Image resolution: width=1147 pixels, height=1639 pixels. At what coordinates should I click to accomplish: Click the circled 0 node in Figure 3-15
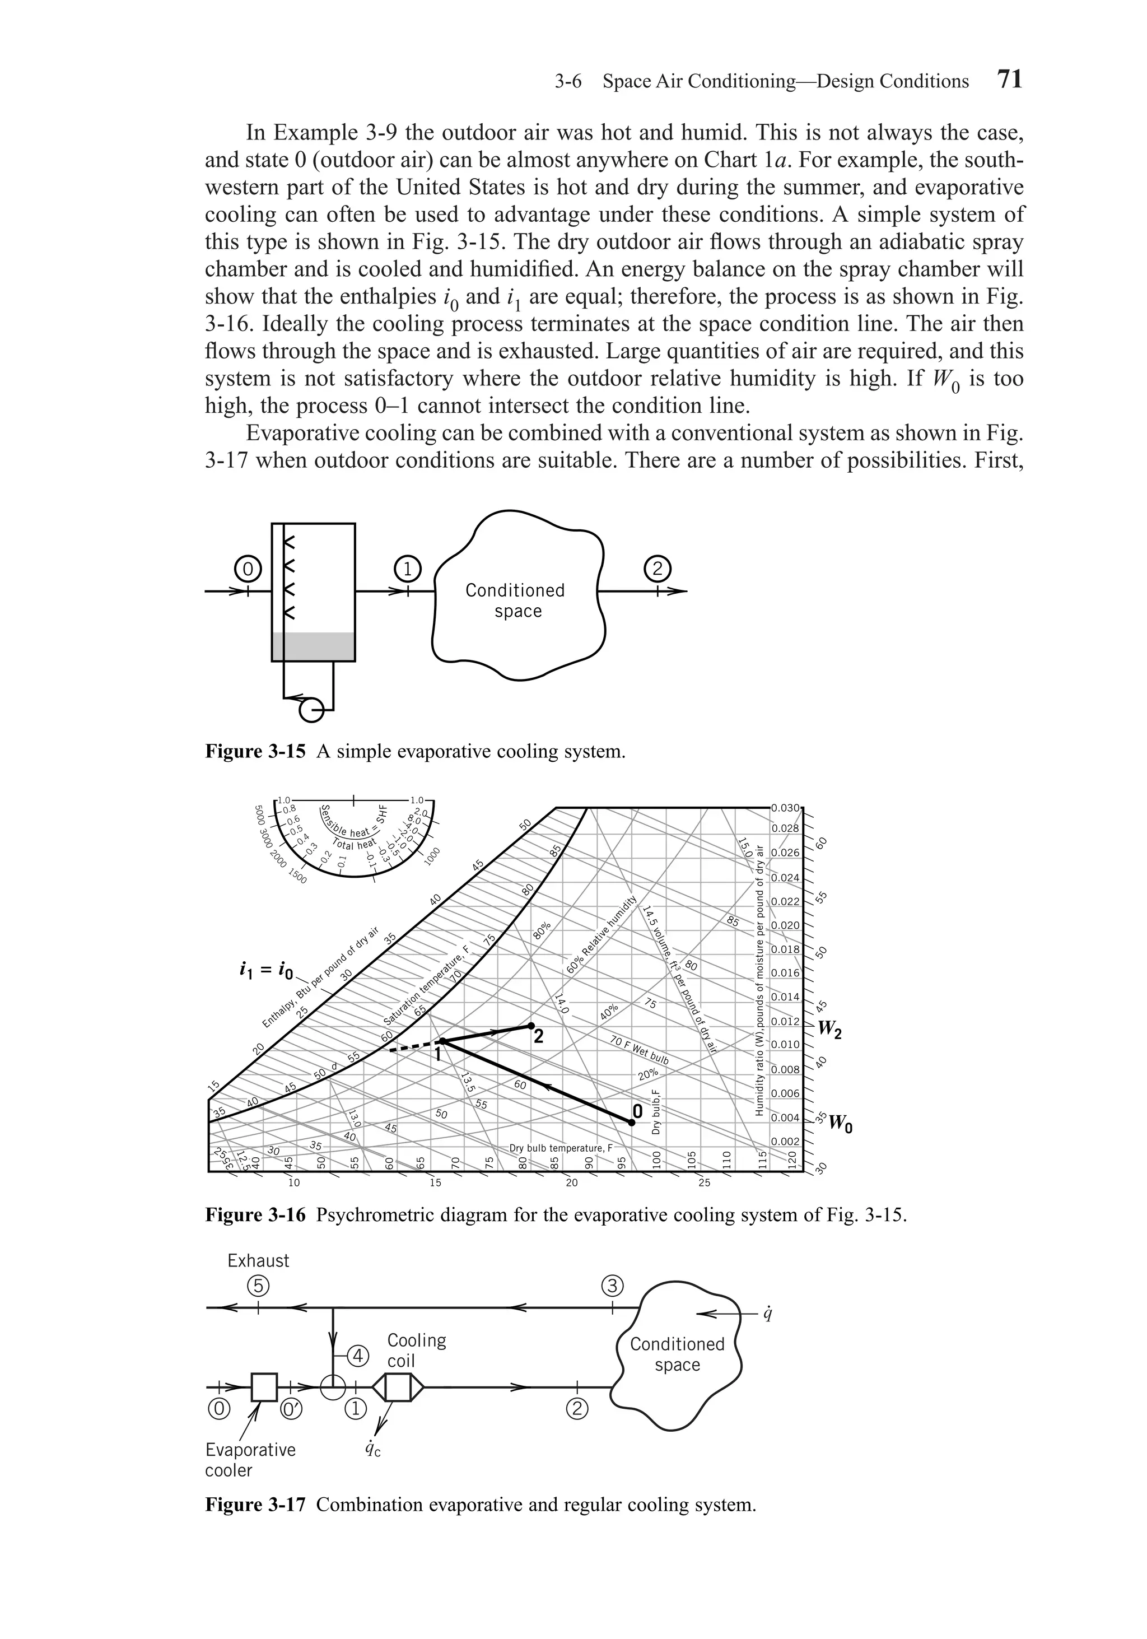[248, 570]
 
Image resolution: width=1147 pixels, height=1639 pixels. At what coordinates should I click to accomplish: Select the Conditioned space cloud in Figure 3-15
[517, 599]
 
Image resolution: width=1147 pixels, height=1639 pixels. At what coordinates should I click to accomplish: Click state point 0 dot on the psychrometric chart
[632, 1122]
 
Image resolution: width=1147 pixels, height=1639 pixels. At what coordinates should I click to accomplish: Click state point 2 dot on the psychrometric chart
[531, 1026]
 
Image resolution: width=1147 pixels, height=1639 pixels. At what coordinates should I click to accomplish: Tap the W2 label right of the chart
[829, 1028]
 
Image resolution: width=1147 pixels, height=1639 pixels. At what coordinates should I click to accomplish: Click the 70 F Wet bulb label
[639, 1051]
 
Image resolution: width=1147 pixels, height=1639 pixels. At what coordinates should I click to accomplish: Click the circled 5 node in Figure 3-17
[258, 1286]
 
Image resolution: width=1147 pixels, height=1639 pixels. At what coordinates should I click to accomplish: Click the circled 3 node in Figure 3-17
[612, 1286]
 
